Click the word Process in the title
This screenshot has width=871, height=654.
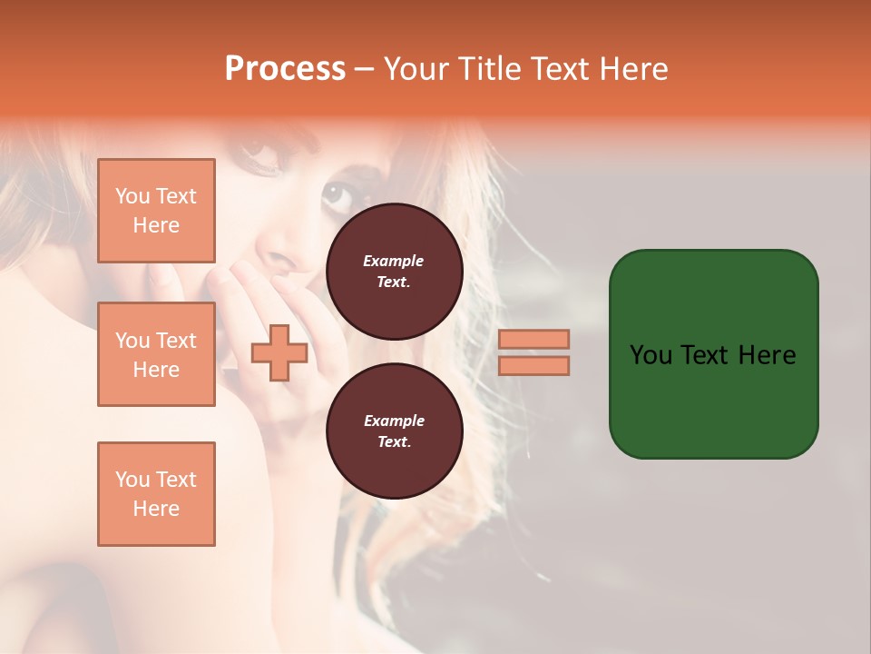point(285,69)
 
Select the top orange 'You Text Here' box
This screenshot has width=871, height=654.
point(156,211)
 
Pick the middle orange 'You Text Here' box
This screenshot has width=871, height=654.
point(156,354)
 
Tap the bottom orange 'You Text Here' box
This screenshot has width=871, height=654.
point(156,493)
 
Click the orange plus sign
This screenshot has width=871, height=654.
point(279,353)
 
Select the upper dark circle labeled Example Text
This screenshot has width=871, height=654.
point(394,271)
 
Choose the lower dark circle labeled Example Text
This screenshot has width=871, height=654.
point(394,431)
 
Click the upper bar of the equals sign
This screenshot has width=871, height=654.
point(533,340)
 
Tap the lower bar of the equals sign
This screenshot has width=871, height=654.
point(533,366)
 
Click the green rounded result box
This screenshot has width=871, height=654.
point(713,400)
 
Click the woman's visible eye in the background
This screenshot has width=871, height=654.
point(338,193)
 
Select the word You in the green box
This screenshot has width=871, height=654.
point(651,355)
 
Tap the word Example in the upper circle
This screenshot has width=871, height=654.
point(394,261)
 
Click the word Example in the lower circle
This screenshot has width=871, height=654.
point(394,421)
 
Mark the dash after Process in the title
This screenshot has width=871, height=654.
point(364,69)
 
